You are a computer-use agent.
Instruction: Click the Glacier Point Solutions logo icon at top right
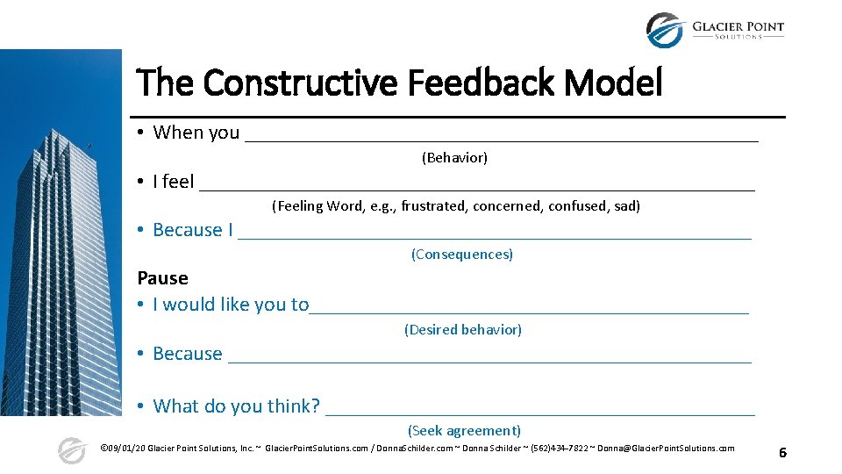(664, 31)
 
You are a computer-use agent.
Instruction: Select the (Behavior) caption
(454, 158)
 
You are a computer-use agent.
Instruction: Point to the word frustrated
(433, 206)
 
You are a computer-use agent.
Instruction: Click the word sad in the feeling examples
(627, 206)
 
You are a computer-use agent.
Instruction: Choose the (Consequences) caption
(462, 255)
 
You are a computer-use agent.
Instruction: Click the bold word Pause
(163, 278)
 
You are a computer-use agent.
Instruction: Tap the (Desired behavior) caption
(463, 330)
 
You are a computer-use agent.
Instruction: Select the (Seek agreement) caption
(464, 431)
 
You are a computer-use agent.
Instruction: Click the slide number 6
(782, 452)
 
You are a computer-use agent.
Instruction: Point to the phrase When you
(196, 133)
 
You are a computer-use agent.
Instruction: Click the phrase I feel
(174, 182)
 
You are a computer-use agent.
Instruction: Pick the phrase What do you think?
(237, 406)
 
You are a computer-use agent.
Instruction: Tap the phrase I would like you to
(231, 305)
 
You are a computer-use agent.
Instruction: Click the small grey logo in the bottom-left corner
(72, 450)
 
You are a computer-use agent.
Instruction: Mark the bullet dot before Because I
(140, 230)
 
